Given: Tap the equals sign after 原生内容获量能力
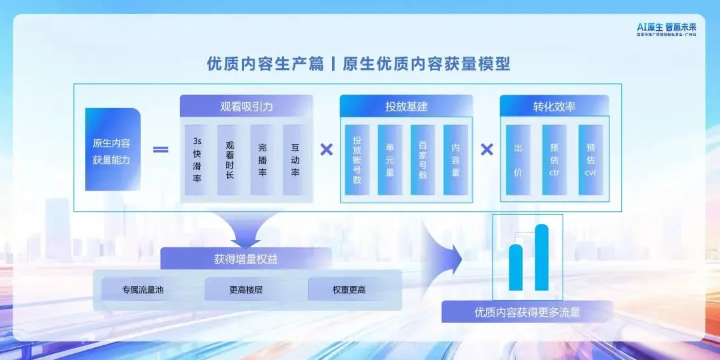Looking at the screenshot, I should click(x=161, y=149).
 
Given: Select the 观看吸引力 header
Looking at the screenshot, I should click(x=246, y=107).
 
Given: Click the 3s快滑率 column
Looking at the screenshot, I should click(x=197, y=160).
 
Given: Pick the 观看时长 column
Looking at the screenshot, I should click(x=229, y=160).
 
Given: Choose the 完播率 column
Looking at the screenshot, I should click(x=262, y=160).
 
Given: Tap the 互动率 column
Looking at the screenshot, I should click(x=295, y=160).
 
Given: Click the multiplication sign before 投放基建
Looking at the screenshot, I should click(x=327, y=149).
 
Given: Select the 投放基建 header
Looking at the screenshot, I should click(x=406, y=107).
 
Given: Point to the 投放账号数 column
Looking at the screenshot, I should click(x=357, y=160).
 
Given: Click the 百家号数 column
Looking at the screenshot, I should click(x=423, y=160).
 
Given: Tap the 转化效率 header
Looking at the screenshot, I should click(x=554, y=107).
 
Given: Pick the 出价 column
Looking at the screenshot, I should click(x=518, y=160).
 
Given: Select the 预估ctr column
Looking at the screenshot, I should click(x=554, y=160).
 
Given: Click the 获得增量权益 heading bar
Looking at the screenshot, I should click(x=246, y=259).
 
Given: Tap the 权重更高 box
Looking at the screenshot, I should click(x=349, y=290).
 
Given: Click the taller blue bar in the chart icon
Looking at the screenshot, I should click(x=541, y=257).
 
